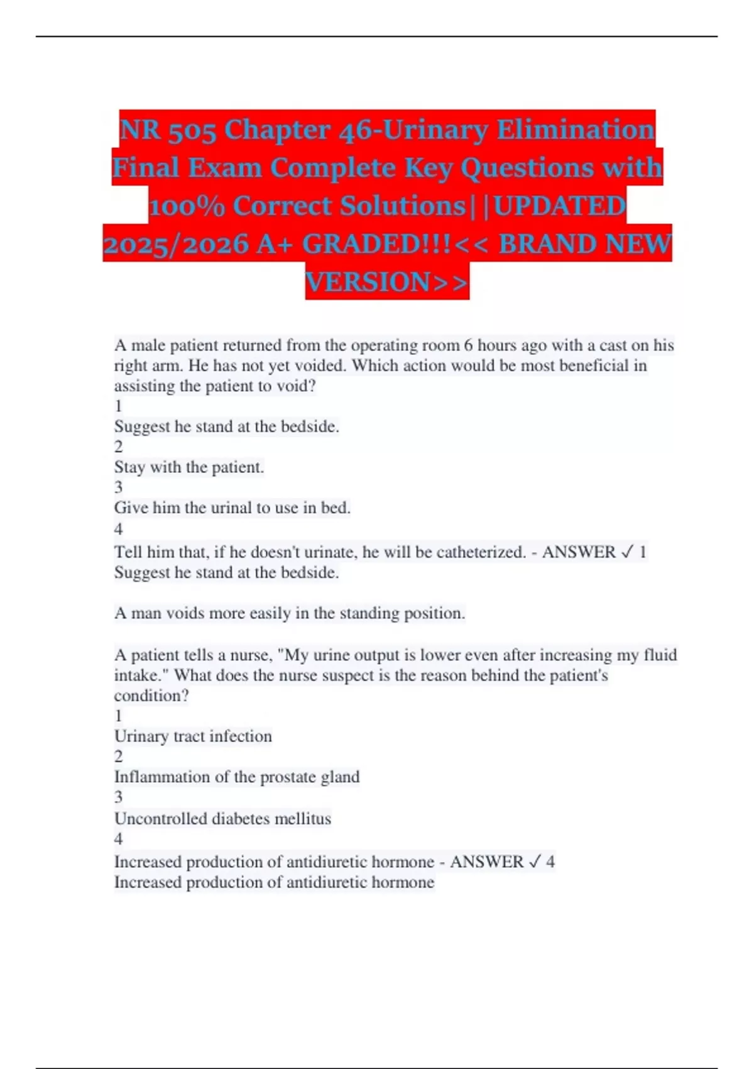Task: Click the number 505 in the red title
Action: click(x=187, y=130)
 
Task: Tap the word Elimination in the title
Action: click(x=576, y=130)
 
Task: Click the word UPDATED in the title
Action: click(x=560, y=206)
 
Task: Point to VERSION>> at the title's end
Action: click(x=387, y=282)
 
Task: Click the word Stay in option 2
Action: click(x=129, y=467)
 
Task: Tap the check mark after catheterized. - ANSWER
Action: click(x=626, y=552)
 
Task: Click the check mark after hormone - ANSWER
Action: click(x=534, y=861)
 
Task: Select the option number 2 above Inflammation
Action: click(x=119, y=756)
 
